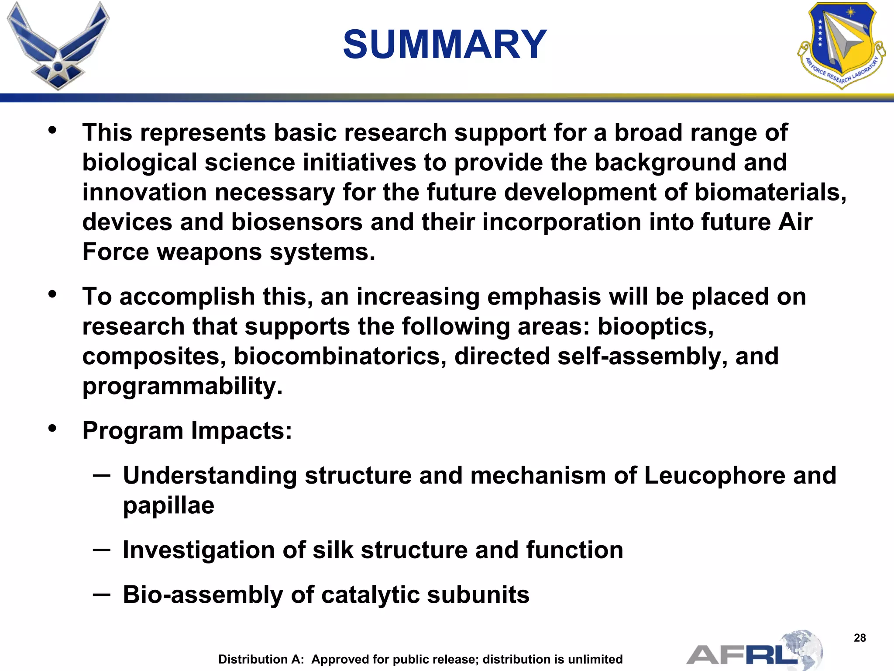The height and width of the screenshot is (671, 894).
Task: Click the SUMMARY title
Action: [x=444, y=45]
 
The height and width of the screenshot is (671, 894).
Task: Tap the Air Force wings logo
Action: [x=58, y=46]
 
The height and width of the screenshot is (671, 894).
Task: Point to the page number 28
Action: [x=860, y=638]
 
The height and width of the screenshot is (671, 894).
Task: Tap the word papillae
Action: [x=168, y=505]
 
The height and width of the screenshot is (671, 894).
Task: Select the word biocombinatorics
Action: [x=340, y=356]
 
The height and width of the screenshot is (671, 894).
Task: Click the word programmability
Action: [x=182, y=386]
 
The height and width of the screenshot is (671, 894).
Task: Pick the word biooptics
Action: [x=655, y=326]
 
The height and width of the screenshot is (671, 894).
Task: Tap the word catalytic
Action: [x=370, y=595]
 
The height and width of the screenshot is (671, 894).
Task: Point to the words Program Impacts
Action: [x=187, y=431]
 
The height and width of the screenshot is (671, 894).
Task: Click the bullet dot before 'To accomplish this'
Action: [x=52, y=294]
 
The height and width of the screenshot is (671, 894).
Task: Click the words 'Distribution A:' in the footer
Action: [x=261, y=659]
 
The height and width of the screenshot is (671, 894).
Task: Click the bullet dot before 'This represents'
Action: [x=52, y=130]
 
